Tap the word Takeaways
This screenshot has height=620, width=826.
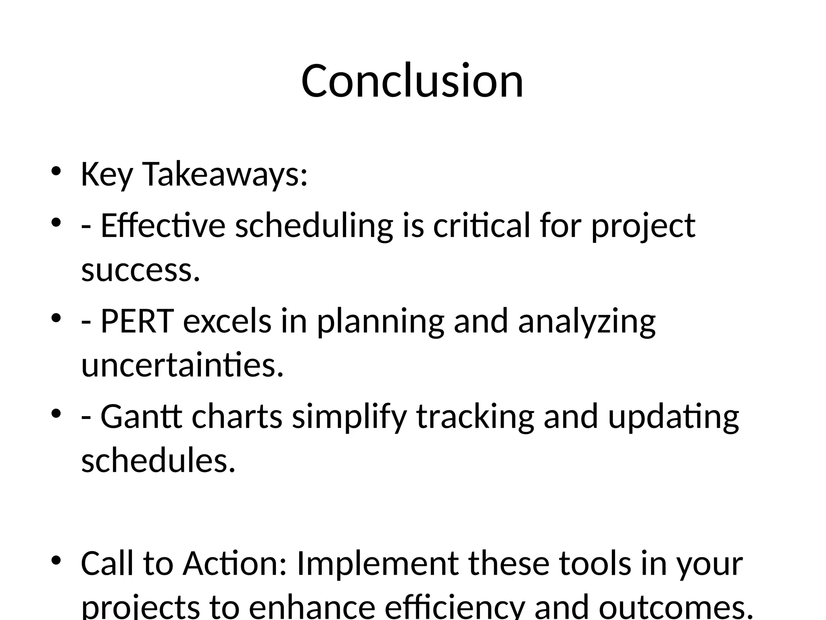[225, 175]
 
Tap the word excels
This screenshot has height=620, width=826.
[227, 321]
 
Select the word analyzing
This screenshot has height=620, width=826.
[587, 321]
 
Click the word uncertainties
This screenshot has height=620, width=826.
[182, 365]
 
